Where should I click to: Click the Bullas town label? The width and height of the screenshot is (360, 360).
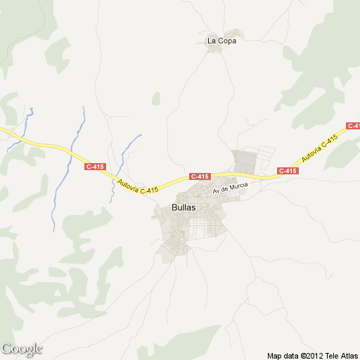pyautogui.click(x=183, y=208)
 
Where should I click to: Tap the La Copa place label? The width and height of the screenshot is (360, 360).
pyautogui.click(x=221, y=41)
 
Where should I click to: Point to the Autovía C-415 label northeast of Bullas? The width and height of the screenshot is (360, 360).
pyautogui.click(x=319, y=148)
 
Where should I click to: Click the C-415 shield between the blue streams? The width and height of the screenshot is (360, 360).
pyautogui.click(x=95, y=167)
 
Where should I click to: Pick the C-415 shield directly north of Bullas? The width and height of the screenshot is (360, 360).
pyautogui.click(x=199, y=176)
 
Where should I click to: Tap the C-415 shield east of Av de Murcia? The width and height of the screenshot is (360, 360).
pyautogui.click(x=288, y=171)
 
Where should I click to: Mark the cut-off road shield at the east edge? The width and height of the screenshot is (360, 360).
pyautogui.click(x=354, y=126)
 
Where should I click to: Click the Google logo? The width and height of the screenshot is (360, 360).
pyautogui.click(x=22, y=349)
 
